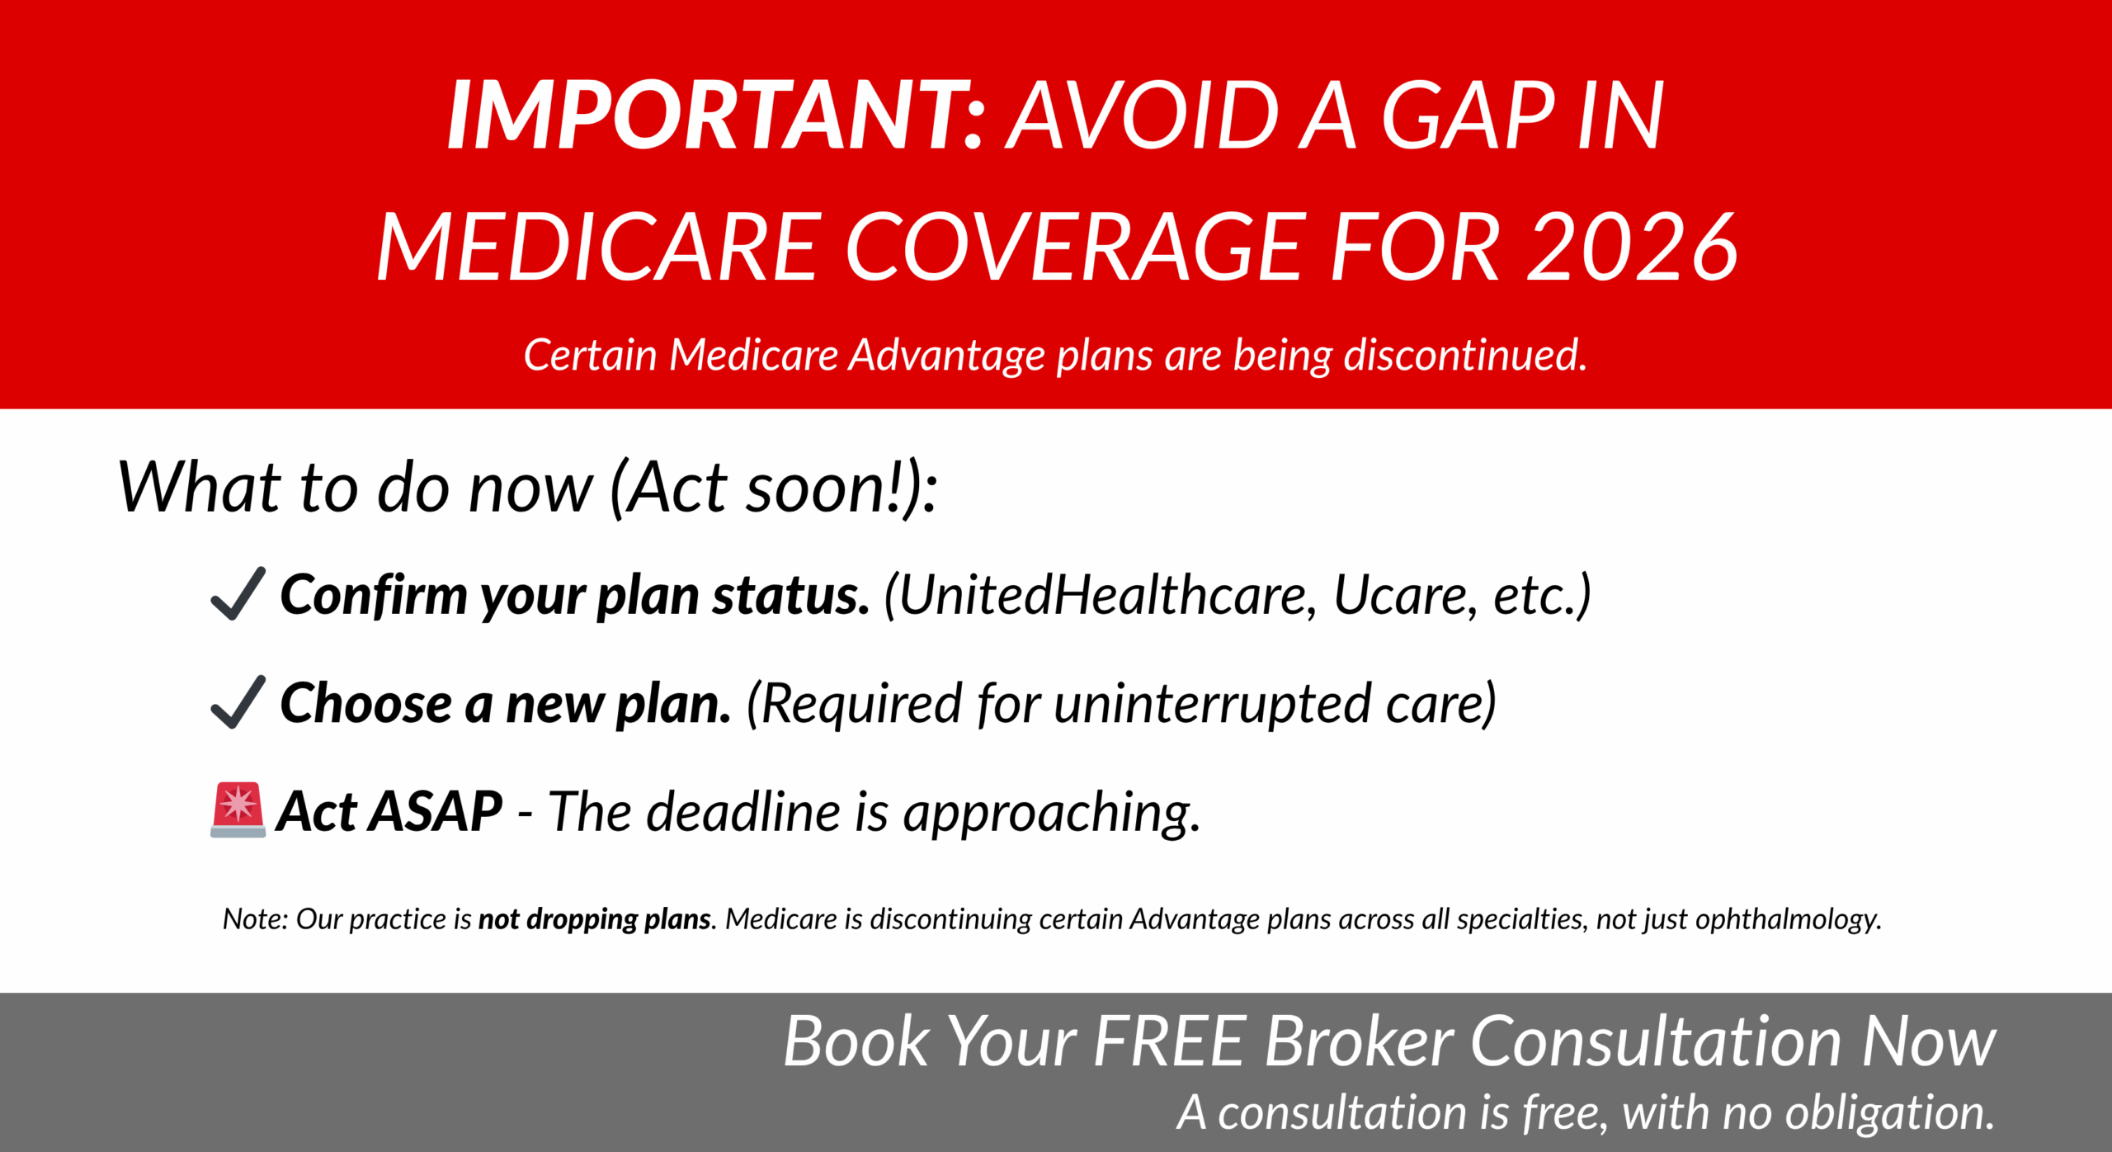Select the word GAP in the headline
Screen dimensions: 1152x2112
coord(1468,116)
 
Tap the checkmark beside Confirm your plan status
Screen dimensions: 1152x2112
coord(238,593)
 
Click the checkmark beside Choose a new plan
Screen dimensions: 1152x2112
coord(238,702)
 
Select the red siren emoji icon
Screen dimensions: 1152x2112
coord(238,810)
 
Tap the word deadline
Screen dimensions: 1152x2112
coord(742,811)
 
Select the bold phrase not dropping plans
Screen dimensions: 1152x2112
coord(594,919)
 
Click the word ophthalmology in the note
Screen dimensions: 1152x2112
coord(1787,919)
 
